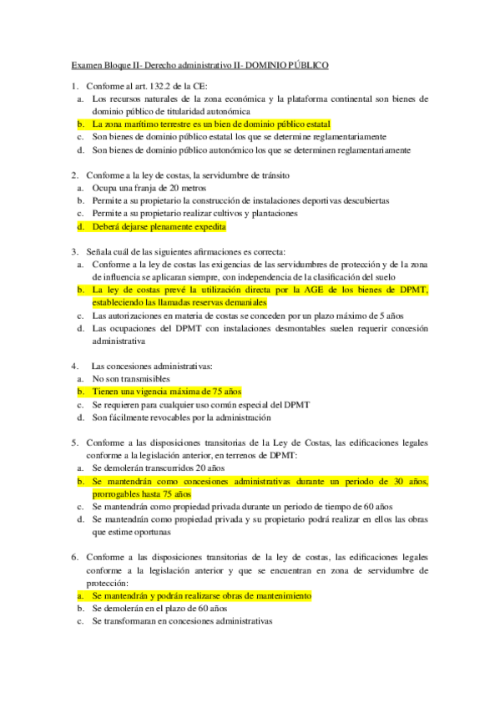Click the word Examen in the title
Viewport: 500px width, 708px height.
[88, 64]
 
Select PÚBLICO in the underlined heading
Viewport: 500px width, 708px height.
[308, 64]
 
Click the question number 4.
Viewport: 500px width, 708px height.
[74, 366]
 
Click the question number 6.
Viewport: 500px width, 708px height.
[74, 557]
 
